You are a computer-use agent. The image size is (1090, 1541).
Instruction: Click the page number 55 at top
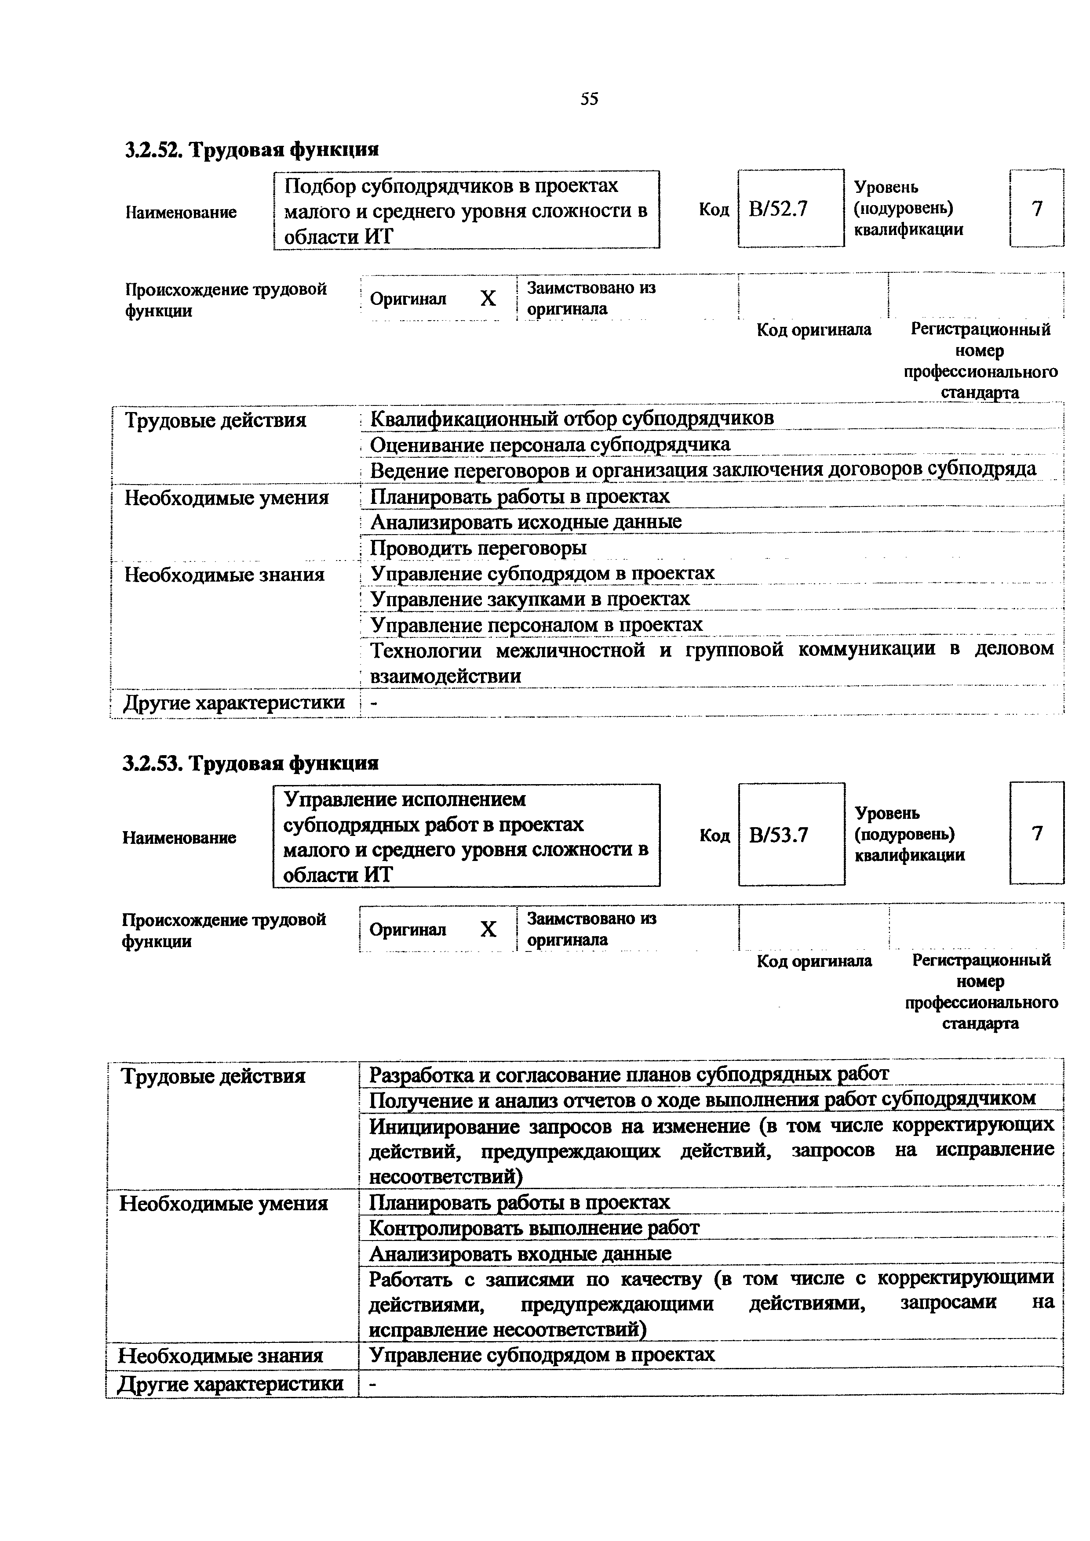coord(589,99)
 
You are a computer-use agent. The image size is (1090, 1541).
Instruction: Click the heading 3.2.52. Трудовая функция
coord(252,149)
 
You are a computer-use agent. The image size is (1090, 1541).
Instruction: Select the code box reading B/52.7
coord(791,210)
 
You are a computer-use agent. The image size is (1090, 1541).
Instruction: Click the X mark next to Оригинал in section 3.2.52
coord(488,298)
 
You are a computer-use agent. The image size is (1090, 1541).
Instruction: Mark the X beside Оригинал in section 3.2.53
coord(488,929)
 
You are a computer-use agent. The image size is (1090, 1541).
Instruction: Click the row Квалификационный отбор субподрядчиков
coord(572,419)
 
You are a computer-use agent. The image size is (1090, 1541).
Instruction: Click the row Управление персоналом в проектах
coord(536,625)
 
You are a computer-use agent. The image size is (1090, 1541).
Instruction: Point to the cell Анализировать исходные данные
coord(526,521)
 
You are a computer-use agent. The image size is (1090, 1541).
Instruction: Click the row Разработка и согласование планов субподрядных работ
coord(629,1074)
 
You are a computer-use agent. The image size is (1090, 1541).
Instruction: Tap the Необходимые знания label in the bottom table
coord(221,1356)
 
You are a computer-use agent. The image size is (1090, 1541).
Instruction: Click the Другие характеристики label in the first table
coord(234,703)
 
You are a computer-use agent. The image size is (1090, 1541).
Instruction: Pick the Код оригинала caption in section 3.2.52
coord(813,329)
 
